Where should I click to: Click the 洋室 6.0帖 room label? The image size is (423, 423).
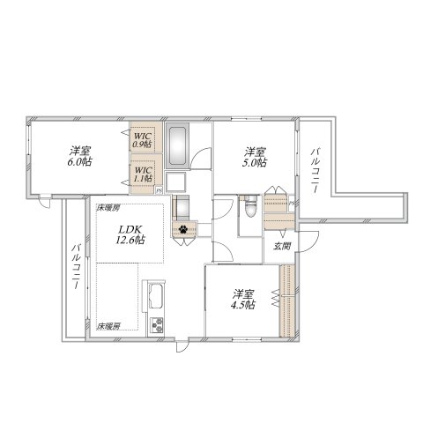click(82, 155)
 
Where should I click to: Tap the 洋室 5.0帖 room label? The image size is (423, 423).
click(256, 155)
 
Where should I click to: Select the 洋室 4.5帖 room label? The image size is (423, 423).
click(243, 299)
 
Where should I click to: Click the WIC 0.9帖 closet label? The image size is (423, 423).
click(143, 139)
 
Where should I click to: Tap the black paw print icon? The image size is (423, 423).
click(184, 231)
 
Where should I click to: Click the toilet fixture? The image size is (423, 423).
click(249, 210)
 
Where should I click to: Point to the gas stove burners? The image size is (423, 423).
click(158, 324)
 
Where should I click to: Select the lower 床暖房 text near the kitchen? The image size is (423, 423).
click(108, 326)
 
